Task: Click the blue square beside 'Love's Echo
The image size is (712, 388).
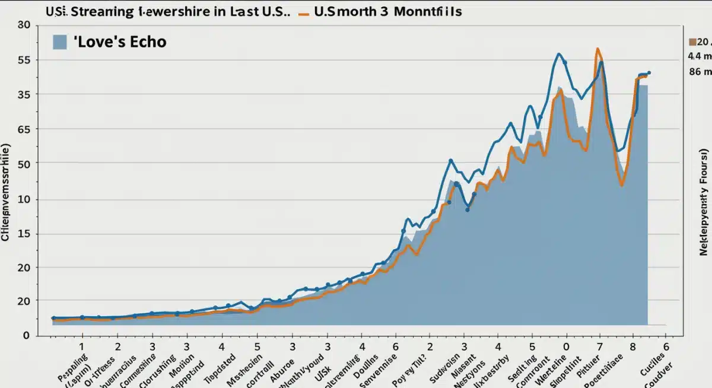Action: (x=59, y=42)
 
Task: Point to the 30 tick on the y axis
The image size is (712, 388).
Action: (x=24, y=26)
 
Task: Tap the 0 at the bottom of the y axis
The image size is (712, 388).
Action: (x=26, y=336)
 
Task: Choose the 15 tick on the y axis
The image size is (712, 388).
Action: (x=24, y=234)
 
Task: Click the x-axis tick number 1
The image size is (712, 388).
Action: (x=82, y=346)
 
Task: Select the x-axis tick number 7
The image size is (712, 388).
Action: (x=600, y=346)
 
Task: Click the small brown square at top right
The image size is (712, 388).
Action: (x=692, y=42)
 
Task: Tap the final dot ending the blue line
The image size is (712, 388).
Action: (x=649, y=72)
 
